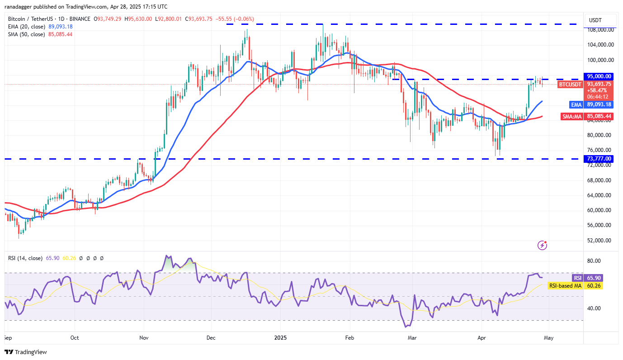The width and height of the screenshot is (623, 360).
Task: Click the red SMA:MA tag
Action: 571,116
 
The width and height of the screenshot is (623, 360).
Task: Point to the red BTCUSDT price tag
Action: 570,84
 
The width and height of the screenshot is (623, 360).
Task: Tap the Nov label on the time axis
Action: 144,337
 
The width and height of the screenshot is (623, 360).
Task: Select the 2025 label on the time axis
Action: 280,337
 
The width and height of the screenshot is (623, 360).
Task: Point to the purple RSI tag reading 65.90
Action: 577,278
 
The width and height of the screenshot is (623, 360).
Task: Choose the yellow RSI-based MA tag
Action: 565,285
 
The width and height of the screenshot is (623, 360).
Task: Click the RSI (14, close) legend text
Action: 25,258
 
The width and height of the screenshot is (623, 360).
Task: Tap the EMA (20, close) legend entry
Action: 26,27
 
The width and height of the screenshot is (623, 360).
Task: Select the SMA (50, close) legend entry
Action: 26,34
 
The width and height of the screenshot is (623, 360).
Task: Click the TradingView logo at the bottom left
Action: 26,352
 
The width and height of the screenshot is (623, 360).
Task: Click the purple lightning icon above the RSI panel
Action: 543,245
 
